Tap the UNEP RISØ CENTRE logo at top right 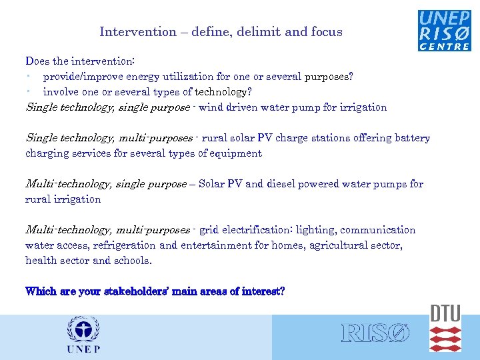click(x=444, y=30)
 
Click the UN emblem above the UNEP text click(x=83, y=329)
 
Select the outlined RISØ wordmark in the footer click(x=375, y=333)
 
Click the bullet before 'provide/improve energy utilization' click(x=29, y=77)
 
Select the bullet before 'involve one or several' click(x=29, y=92)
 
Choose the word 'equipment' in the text click(x=237, y=153)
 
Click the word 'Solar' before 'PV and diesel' click(x=213, y=184)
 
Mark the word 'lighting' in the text click(x=316, y=230)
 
